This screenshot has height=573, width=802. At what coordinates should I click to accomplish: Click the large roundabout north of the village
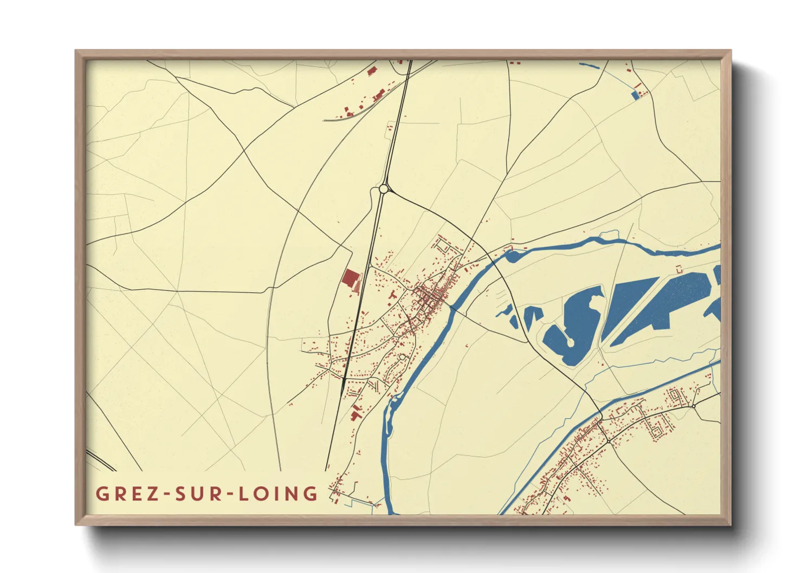pyautogui.click(x=384, y=188)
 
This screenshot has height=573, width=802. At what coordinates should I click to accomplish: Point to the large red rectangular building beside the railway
pyautogui.click(x=350, y=279)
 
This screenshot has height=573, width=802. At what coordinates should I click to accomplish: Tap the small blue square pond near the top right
pyautogui.click(x=635, y=95)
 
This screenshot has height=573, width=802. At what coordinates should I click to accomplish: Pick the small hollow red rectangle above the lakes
pyautogui.click(x=678, y=268)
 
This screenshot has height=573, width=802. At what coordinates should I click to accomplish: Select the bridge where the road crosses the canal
pyautogui.click(x=600, y=416)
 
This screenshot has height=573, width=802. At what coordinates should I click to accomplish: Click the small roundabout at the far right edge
pyautogui.click(x=693, y=406)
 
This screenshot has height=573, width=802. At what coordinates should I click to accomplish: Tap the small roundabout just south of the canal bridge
pyautogui.click(x=609, y=442)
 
